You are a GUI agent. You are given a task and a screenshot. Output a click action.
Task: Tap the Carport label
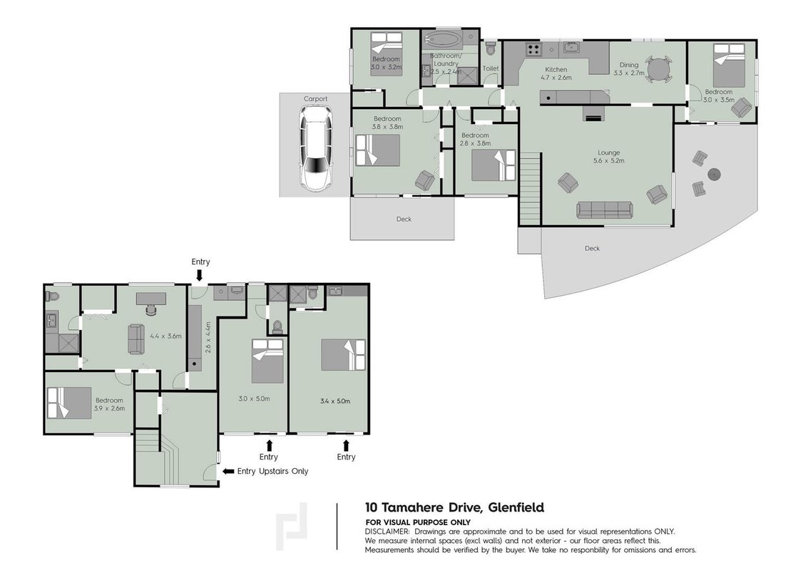click(315, 99)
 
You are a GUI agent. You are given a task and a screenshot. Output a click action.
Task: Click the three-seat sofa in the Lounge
click(605, 210)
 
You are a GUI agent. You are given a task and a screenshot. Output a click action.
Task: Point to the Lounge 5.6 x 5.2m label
click(608, 157)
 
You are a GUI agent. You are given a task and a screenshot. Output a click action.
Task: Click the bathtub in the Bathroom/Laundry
click(443, 38)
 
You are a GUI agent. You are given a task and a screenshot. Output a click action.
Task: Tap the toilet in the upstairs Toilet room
click(491, 49)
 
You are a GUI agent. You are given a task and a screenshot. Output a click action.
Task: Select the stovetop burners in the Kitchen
click(533, 50)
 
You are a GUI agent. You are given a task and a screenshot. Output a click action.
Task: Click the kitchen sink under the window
click(571, 47)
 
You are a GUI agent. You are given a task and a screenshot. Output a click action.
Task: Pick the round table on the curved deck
click(714, 175)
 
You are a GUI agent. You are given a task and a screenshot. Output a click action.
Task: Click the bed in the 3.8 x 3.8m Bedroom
click(378, 150)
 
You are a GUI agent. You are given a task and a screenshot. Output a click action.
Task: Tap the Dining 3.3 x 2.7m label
click(629, 69)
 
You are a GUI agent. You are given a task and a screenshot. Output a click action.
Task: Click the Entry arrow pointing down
click(200, 276)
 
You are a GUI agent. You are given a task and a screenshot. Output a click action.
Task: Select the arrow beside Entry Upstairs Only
click(227, 471)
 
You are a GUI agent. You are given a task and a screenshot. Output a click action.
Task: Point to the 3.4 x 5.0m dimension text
click(335, 401)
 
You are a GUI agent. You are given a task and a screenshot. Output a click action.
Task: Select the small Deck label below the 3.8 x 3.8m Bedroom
click(404, 219)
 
